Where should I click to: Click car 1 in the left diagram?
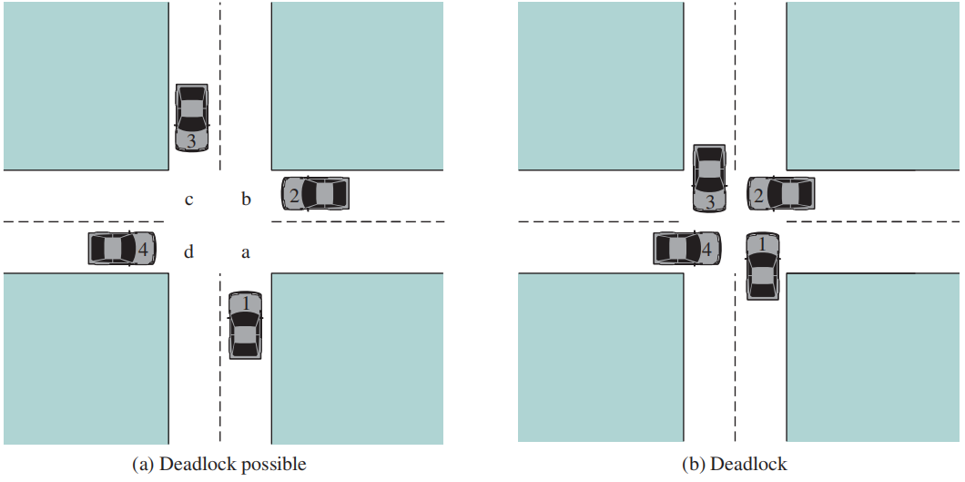[x=245, y=325]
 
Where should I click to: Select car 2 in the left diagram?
[x=315, y=193]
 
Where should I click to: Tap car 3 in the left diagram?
[x=191, y=118]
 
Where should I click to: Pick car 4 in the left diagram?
[x=122, y=248]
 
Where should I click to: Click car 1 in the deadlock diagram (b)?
[x=763, y=267]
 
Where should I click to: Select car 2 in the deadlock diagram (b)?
[x=780, y=193]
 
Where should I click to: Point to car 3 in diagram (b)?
[x=709, y=178]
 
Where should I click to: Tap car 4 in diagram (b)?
[x=687, y=248]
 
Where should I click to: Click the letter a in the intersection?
[x=245, y=253]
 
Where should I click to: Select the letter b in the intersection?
[x=246, y=199]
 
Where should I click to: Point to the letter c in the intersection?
[x=188, y=199]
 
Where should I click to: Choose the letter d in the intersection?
[x=188, y=252]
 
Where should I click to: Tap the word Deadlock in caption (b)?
[x=752, y=465]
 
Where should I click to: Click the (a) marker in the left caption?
[x=144, y=465]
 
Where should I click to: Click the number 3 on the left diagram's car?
[x=191, y=141]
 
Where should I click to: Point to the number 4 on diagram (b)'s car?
[x=706, y=247]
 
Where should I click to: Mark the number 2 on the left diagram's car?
[x=293, y=194]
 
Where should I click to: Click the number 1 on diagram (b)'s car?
[x=763, y=243]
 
